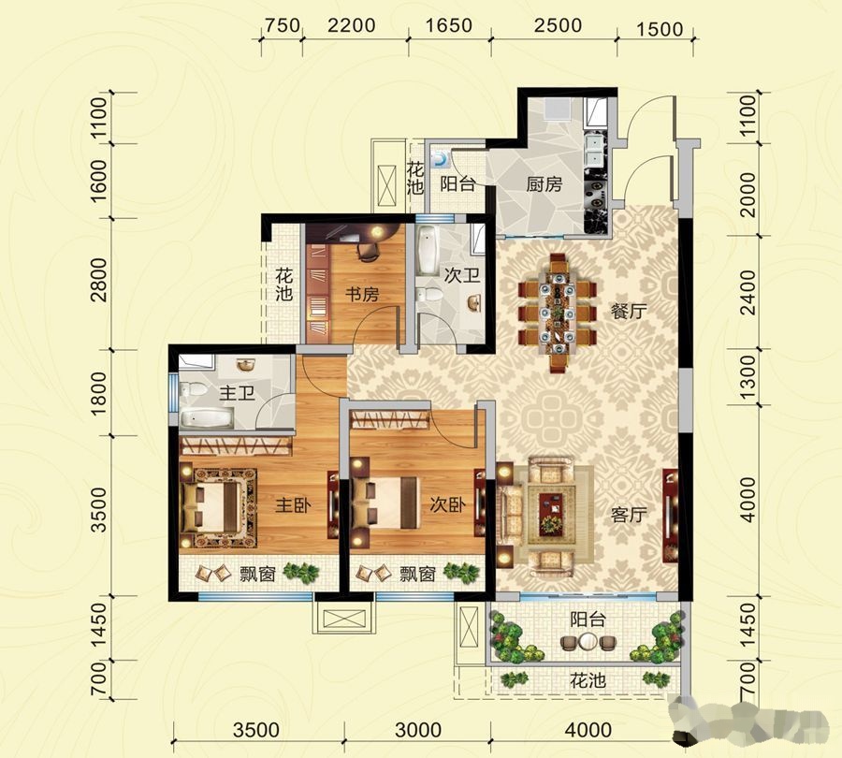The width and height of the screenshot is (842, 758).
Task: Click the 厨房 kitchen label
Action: tap(544, 184)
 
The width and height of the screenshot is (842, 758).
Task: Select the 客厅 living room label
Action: tap(629, 515)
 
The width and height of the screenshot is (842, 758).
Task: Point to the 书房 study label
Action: tap(361, 295)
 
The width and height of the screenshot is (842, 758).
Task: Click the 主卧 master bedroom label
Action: tap(293, 505)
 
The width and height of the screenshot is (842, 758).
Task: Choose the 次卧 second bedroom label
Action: tap(448, 505)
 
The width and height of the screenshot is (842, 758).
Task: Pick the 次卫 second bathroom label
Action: tap(462, 275)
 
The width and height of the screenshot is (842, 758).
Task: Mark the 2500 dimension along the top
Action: tap(558, 25)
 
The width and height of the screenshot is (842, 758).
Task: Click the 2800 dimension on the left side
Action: tap(99, 280)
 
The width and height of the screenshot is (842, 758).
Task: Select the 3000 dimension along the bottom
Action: tap(418, 730)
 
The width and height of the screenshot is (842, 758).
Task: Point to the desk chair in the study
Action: tap(368, 252)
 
